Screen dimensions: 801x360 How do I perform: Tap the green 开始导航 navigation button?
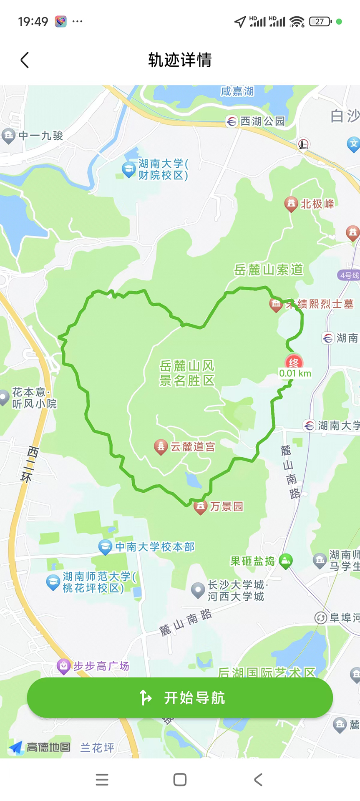click(180, 698)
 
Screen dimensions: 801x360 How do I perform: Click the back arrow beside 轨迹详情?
click(25, 60)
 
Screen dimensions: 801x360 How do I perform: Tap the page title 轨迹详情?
click(180, 60)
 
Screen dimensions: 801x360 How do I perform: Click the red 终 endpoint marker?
click(294, 362)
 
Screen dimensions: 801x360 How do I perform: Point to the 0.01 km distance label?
click(295, 373)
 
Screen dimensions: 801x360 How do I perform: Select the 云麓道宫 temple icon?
click(161, 446)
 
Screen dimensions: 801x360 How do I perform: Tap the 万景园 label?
click(227, 506)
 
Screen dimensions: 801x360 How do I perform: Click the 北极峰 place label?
click(317, 204)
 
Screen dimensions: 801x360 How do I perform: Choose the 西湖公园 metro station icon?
click(232, 121)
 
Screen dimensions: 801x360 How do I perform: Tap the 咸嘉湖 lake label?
click(237, 91)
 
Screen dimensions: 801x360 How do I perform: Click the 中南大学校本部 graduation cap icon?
click(105, 547)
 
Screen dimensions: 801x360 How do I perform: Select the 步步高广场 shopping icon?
click(63, 666)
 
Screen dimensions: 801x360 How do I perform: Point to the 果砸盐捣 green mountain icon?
click(285, 561)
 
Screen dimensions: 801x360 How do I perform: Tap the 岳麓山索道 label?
click(268, 270)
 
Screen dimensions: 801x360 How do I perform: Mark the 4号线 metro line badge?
click(349, 275)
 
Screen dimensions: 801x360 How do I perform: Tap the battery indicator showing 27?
click(320, 22)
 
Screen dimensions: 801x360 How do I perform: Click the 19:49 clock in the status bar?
click(33, 22)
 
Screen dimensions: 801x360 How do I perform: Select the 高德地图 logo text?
click(48, 747)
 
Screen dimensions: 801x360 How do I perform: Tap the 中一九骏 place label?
click(40, 136)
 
